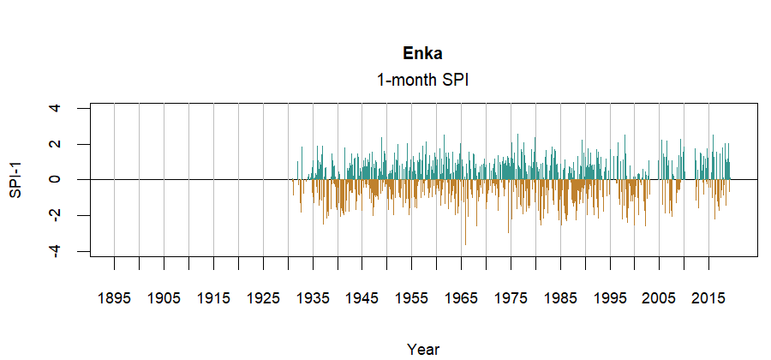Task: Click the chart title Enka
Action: pos(422,53)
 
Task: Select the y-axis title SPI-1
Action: pos(15,179)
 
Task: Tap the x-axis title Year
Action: pos(423,349)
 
